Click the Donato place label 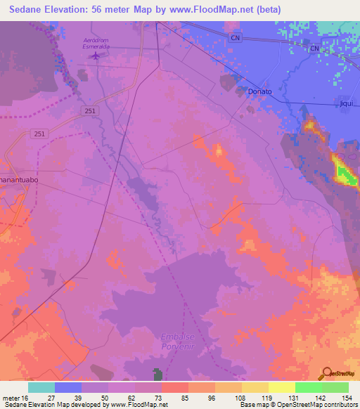[259, 91]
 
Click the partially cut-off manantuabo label [18, 179]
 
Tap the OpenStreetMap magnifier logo [326, 373]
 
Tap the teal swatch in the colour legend [41, 387]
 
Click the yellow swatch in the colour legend [282, 387]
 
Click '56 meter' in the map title [127, 9]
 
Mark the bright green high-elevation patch [343, 171]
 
